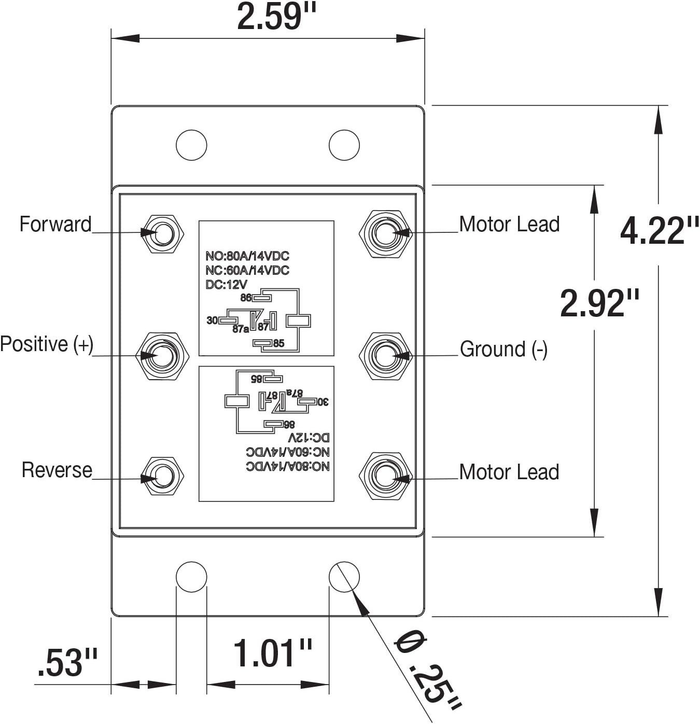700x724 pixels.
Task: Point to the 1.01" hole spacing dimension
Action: pyautogui.click(x=272, y=653)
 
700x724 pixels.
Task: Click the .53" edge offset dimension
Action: pyautogui.click(x=67, y=663)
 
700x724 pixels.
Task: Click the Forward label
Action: pyautogui.click(x=55, y=225)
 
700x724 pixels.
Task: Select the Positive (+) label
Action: pyautogui.click(x=47, y=344)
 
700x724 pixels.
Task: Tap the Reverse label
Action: pyautogui.click(x=57, y=470)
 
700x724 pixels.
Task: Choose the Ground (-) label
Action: pyautogui.click(x=503, y=349)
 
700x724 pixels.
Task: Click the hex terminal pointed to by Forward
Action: pyautogui.click(x=163, y=233)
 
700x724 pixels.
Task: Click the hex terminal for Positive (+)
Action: pyautogui.click(x=162, y=356)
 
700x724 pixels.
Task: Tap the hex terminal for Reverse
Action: pyautogui.click(x=163, y=476)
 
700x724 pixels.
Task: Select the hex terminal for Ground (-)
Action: pyautogui.click(x=385, y=356)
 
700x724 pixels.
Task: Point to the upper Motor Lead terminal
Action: pyautogui.click(x=385, y=233)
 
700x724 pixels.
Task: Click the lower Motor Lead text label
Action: pyautogui.click(x=509, y=472)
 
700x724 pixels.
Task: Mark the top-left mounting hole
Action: pyautogui.click(x=191, y=145)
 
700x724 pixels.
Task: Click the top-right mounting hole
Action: pyautogui.click(x=344, y=145)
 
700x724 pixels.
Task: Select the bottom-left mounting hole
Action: pyautogui.click(x=191, y=577)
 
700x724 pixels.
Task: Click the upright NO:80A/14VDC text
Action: pyautogui.click(x=247, y=256)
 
